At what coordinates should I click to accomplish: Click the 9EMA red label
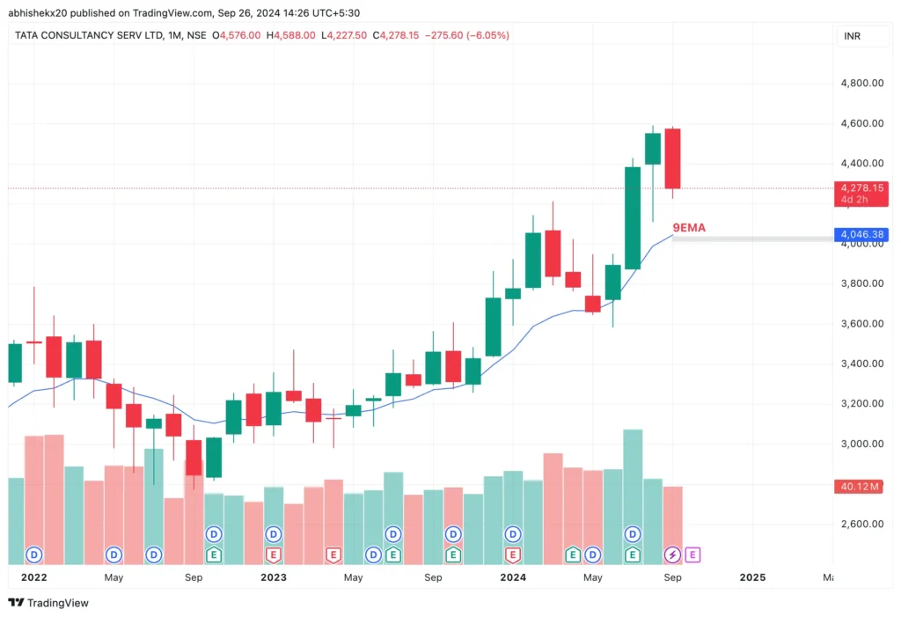click(x=689, y=227)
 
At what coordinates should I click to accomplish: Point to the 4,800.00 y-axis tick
click(x=861, y=84)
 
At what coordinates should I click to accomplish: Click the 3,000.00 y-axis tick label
click(x=861, y=444)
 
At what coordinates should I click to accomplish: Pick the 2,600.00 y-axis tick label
click(x=861, y=524)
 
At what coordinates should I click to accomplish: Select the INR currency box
click(x=852, y=36)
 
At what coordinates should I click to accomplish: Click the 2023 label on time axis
click(x=274, y=577)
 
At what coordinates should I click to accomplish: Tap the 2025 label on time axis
click(x=752, y=577)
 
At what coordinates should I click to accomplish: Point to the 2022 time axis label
click(x=33, y=577)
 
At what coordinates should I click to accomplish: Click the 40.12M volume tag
click(x=861, y=486)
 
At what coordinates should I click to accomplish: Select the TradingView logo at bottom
click(x=48, y=603)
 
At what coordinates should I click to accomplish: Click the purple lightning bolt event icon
click(x=672, y=555)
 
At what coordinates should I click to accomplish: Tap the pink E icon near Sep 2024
click(x=692, y=555)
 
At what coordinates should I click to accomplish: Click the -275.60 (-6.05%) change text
click(x=467, y=35)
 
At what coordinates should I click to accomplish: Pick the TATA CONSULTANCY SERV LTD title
click(x=87, y=35)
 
